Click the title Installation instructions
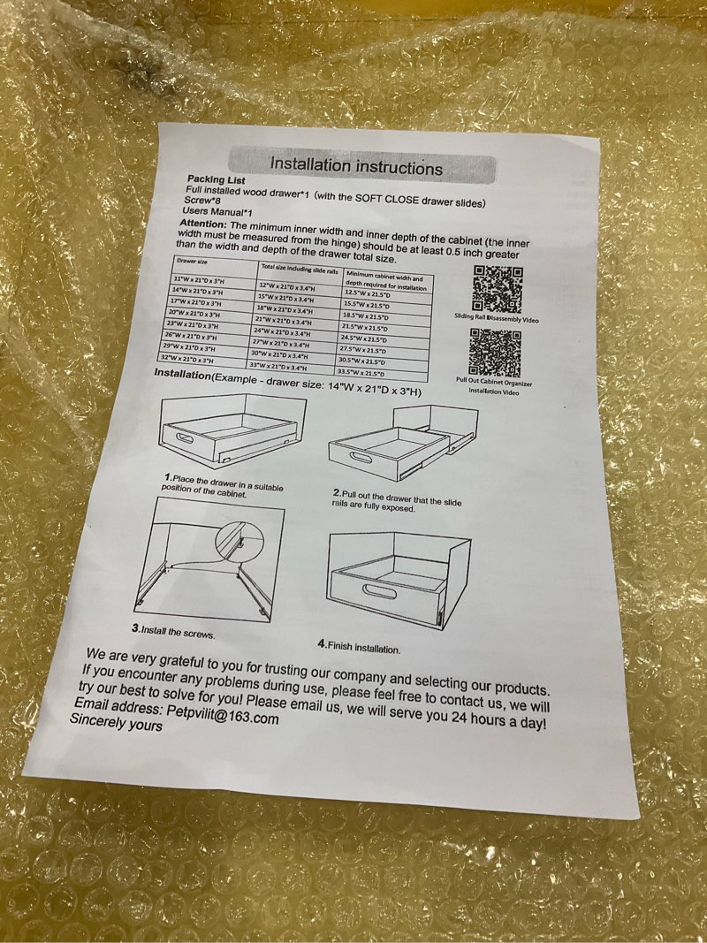pyautogui.click(x=356, y=165)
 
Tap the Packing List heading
pyautogui.click(x=216, y=179)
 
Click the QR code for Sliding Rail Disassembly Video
pyautogui.click(x=498, y=289)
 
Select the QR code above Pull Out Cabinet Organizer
pyautogui.click(x=495, y=352)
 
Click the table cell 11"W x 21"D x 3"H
pyautogui.click(x=198, y=280)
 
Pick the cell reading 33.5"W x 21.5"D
pyautogui.click(x=361, y=374)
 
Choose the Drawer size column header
pyautogui.click(x=191, y=261)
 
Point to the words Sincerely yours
pyautogui.click(x=116, y=723)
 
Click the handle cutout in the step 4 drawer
pyautogui.click(x=379, y=591)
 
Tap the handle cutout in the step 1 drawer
pyautogui.click(x=184, y=437)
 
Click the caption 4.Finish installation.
pyautogui.click(x=359, y=647)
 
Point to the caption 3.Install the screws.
pyautogui.click(x=173, y=632)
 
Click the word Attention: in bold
pyautogui.click(x=203, y=223)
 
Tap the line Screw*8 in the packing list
pyautogui.click(x=198, y=200)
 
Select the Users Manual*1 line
pyautogui.click(x=217, y=212)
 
